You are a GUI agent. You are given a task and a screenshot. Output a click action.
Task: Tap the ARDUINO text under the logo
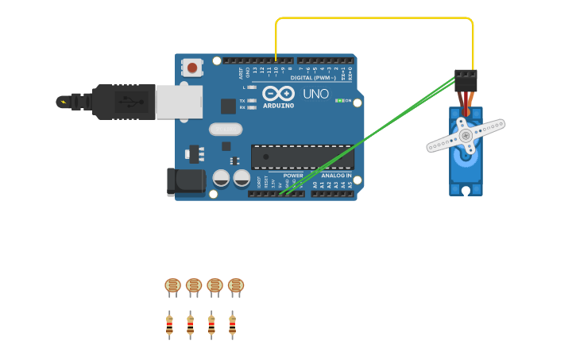tap(278, 106)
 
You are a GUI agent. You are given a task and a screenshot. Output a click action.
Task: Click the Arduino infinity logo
tap(278, 93)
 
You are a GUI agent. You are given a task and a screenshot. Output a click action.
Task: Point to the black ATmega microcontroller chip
tap(302, 157)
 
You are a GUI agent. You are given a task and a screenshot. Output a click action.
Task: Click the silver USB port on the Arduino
tap(179, 102)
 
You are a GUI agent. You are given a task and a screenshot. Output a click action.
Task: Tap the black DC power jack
tap(186, 181)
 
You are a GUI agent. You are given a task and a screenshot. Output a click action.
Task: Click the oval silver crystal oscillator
tap(225, 129)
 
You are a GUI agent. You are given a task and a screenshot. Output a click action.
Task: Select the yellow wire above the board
tap(373, 17)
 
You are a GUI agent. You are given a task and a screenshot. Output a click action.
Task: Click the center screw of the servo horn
tap(466, 135)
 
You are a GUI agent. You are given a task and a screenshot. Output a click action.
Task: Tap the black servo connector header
tap(466, 79)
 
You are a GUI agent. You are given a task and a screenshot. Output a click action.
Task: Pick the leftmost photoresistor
tap(172, 286)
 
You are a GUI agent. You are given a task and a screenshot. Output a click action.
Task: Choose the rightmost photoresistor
tap(236, 286)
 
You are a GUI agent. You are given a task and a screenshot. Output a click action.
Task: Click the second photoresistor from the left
tap(194, 286)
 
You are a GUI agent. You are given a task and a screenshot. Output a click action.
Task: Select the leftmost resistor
tap(169, 324)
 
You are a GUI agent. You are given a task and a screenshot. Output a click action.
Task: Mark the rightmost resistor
tap(232, 324)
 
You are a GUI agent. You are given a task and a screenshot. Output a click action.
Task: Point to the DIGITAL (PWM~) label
tap(311, 78)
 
